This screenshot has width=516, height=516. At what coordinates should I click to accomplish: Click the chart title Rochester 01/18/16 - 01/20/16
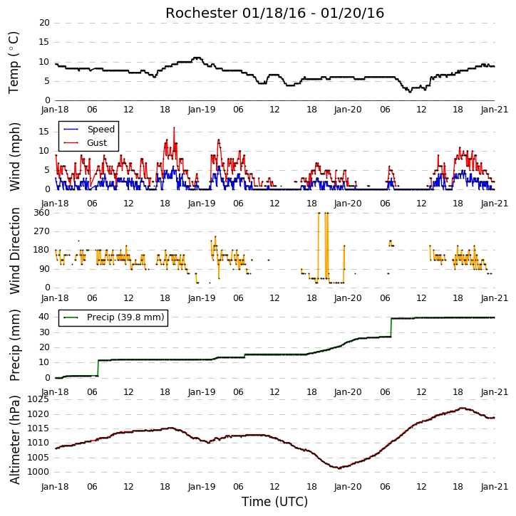(274, 13)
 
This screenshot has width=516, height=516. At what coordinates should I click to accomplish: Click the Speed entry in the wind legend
(100, 130)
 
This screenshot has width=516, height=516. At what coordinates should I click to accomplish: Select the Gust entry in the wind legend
(97, 143)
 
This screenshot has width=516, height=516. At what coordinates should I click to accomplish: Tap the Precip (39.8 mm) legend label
(125, 317)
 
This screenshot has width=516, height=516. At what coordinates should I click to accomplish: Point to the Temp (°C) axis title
(14, 63)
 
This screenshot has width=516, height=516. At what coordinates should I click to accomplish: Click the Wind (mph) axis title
(14, 157)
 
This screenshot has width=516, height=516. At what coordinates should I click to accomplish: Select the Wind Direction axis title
(14, 251)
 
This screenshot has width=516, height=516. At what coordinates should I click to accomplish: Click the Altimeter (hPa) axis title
(14, 440)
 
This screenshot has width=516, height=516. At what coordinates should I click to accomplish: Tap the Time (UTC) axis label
(274, 502)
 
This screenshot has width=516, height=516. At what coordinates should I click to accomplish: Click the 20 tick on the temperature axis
(44, 23)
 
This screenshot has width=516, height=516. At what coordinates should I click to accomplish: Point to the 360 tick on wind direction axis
(42, 213)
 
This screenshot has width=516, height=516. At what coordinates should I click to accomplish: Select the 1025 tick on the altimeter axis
(38, 399)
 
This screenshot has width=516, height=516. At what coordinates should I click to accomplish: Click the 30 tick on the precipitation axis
(44, 332)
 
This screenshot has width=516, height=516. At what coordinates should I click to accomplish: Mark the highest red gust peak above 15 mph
(174, 127)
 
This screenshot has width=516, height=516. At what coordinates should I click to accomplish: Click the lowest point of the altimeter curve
(339, 468)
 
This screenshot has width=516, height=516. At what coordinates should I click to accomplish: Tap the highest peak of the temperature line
(197, 58)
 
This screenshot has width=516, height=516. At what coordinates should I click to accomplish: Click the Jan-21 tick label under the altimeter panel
(494, 486)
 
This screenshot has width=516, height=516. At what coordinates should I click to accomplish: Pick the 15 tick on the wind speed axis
(44, 132)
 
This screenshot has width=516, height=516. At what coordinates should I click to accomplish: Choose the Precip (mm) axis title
(14, 345)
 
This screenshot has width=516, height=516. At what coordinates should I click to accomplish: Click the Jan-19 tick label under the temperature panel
(202, 110)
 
